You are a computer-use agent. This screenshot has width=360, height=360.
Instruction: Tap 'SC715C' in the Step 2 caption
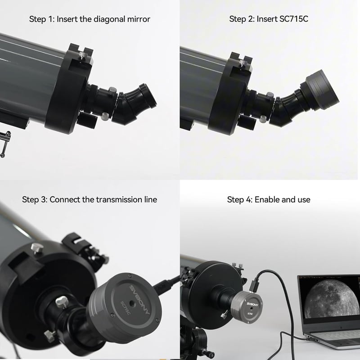[x=294, y=19]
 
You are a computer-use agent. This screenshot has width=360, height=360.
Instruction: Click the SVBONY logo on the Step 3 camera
[x=139, y=299]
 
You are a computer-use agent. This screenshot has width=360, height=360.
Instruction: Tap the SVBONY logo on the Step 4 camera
[x=252, y=304]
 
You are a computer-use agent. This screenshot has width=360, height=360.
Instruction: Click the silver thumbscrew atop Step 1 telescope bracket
[x=82, y=55]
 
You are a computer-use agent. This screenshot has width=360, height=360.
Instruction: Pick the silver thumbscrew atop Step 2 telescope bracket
[x=241, y=62]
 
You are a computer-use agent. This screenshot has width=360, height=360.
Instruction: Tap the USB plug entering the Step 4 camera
[x=255, y=285]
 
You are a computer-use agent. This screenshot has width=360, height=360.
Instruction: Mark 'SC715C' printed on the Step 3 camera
[x=126, y=308]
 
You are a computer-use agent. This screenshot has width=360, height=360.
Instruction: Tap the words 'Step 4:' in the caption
[x=239, y=199]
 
